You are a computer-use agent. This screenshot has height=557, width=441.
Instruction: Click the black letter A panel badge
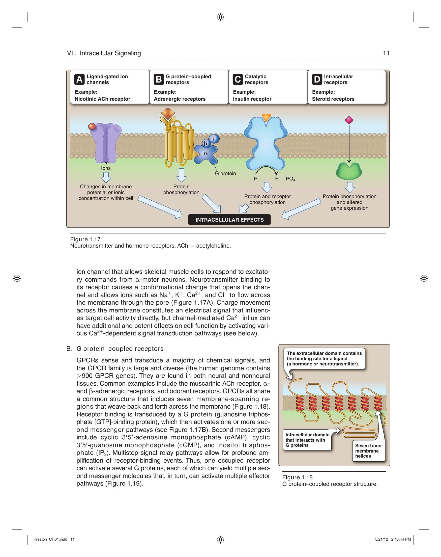click(x=79, y=79)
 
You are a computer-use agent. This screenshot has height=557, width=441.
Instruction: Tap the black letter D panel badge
click(x=317, y=79)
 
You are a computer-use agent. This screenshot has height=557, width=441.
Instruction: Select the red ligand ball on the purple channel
click(x=92, y=126)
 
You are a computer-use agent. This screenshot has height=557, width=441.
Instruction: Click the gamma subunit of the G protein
click(x=214, y=139)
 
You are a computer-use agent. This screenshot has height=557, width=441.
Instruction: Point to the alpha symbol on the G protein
click(x=206, y=153)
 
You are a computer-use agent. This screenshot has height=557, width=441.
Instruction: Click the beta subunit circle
click(x=206, y=143)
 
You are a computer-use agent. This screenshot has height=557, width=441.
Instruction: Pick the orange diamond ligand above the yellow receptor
click(x=168, y=114)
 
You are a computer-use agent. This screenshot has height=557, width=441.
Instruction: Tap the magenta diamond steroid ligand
click(x=349, y=120)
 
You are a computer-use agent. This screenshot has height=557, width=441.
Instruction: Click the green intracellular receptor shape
click(x=349, y=171)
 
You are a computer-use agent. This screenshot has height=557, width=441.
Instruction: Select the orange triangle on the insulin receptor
click(x=266, y=118)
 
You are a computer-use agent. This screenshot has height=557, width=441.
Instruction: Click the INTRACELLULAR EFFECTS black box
click(x=229, y=220)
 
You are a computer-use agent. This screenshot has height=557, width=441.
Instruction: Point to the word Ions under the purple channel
click(x=106, y=168)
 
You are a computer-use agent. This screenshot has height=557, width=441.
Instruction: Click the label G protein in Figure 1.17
click(x=225, y=173)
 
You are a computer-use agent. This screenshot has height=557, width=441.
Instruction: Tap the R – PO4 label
click(x=285, y=179)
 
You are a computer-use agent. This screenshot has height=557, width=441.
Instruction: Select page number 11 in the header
click(x=386, y=53)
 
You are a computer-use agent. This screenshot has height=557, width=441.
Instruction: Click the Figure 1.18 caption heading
click(x=297, y=477)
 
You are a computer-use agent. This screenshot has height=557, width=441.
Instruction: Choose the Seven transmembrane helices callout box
click(x=368, y=451)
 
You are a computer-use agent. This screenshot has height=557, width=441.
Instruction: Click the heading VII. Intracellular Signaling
click(x=104, y=53)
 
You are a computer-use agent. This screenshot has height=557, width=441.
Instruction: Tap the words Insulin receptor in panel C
click(x=252, y=99)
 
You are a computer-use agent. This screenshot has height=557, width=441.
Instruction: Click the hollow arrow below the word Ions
click(x=106, y=177)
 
